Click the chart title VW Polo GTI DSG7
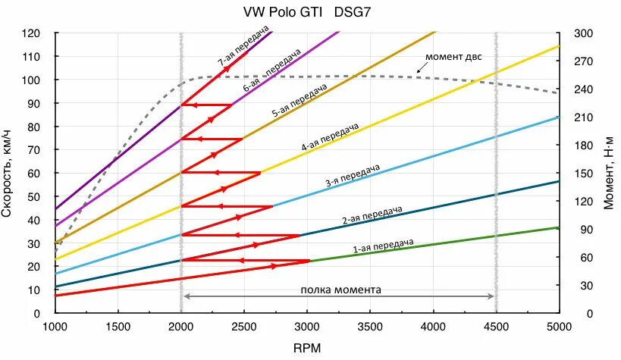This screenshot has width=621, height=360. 307,12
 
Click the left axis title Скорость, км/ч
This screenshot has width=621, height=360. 9,173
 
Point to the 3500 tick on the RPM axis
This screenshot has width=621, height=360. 370,327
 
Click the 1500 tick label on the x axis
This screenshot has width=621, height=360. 118,327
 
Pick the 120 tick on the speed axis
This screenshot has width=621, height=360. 32,33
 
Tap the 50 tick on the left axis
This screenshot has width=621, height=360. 34,196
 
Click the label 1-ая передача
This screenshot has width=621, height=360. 383,246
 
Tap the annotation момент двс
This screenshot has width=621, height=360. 453,57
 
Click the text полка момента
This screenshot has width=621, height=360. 341,290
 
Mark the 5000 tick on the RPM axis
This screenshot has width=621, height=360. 559,327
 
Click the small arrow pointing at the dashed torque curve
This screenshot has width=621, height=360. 419,70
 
